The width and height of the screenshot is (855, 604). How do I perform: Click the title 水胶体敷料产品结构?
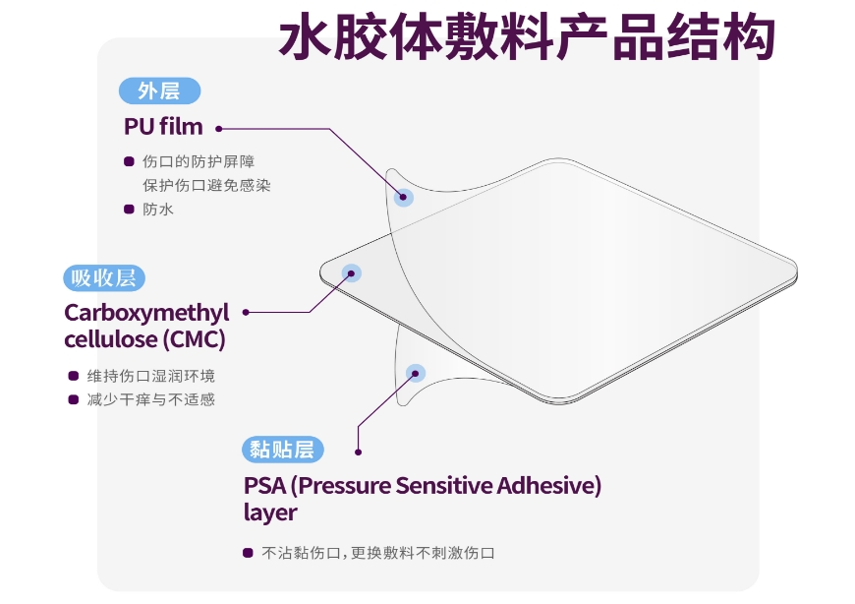pyautogui.click(x=527, y=37)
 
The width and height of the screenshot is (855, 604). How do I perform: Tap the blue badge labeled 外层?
pyautogui.click(x=159, y=91)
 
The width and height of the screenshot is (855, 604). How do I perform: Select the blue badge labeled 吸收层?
pyautogui.click(x=104, y=278)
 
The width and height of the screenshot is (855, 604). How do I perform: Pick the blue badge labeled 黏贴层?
pyautogui.click(x=282, y=450)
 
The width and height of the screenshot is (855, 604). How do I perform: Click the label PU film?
pyautogui.click(x=163, y=127)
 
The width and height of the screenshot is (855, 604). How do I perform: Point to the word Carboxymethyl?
pyautogui.click(x=146, y=314)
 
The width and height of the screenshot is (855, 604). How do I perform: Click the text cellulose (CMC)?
pyautogui.click(x=144, y=339)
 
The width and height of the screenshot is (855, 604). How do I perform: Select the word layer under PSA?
pyautogui.click(x=270, y=513)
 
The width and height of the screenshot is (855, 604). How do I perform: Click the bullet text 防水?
pyautogui.click(x=158, y=210)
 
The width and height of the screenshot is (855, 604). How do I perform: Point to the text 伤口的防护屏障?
pyautogui.click(x=199, y=161)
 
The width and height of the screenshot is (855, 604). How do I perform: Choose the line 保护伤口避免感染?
pyautogui.click(x=206, y=186)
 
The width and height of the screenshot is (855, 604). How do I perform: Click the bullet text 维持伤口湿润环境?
pyautogui.click(x=151, y=376)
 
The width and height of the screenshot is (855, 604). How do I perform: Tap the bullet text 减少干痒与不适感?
pyautogui.click(x=151, y=400)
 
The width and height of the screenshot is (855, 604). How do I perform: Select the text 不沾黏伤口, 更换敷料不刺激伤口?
pyautogui.click(x=378, y=553)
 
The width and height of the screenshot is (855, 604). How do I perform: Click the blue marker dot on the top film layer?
pyautogui.click(x=404, y=197)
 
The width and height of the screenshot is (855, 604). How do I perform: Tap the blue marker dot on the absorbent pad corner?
pyautogui.click(x=351, y=273)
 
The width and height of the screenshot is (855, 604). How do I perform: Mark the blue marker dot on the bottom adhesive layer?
pyautogui.click(x=416, y=373)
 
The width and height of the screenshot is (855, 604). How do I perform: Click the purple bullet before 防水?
pyautogui.click(x=129, y=209)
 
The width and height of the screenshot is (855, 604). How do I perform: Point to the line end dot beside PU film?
pyautogui.click(x=218, y=129)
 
